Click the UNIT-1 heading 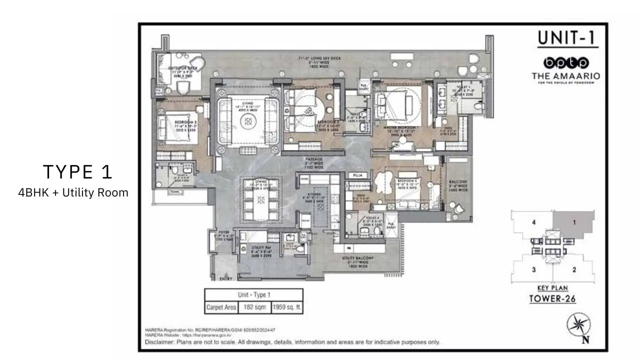click(x=567, y=39)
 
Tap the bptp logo click(x=566, y=62)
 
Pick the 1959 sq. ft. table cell click(x=286, y=307)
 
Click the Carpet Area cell click(x=221, y=307)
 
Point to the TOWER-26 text click(x=553, y=299)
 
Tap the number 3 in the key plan click(x=534, y=270)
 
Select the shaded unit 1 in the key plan click(x=575, y=222)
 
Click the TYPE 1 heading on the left click(x=77, y=172)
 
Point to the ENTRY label click(x=219, y=278)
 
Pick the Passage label click(x=313, y=163)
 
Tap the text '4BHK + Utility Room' click(x=73, y=192)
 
